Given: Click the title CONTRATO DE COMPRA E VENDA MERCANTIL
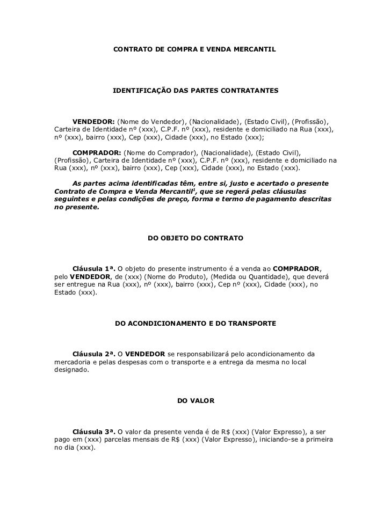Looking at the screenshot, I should point(195,49).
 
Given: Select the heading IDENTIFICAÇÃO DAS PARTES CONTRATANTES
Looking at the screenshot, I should point(195,92).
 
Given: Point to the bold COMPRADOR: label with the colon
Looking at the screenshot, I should point(97,152).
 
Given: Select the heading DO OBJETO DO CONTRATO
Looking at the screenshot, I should point(195,237).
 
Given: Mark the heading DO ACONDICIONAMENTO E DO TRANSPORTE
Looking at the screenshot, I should point(195,324).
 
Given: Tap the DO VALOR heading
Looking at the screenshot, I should point(195,401).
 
